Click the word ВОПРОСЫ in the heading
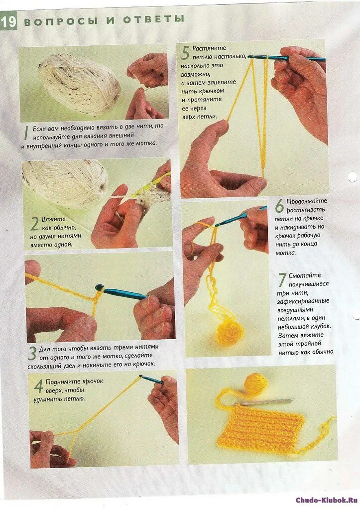61,21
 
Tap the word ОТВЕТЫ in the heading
153,19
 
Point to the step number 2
35,224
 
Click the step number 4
39,386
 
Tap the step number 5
185,53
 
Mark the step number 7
282,280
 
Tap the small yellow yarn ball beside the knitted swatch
256,384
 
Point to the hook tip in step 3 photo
99,287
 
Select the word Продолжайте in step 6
307,202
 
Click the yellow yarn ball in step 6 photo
230,332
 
